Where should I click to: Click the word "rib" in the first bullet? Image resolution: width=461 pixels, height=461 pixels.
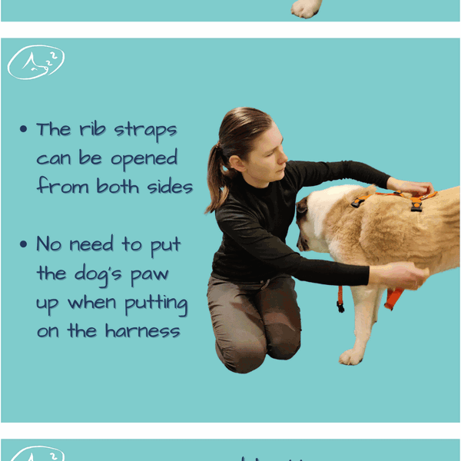click(92, 129)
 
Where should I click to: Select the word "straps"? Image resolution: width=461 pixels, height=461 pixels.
click(145, 131)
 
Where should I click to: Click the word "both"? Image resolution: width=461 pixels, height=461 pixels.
click(118, 186)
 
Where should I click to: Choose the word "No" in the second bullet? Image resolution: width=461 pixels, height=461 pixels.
click(49, 244)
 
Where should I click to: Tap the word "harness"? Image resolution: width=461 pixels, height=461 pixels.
click(143, 330)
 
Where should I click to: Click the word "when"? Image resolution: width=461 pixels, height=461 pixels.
click(92, 302)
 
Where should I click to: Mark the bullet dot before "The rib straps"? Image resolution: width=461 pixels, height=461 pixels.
click(24, 129)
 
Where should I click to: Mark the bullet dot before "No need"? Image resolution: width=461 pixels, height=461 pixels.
click(24, 244)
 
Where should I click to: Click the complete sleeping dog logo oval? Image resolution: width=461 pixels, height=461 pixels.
click(36, 62)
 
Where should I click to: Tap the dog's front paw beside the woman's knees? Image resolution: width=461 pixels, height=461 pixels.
click(351, 357)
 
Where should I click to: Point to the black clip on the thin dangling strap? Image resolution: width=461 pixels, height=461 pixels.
click(340, 307)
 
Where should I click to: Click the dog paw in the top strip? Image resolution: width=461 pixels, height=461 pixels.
click(306, 8)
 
